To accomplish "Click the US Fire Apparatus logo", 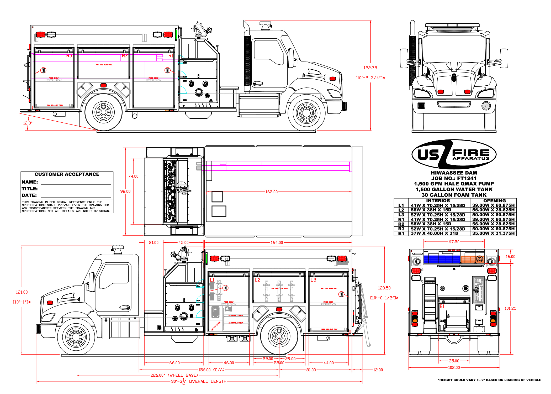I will pyautogui.click(x=454, y=154).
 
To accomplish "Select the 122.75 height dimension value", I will pyautogui.click(x=370, y=68).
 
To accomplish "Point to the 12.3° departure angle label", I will pyautogui.click(x=28, y=123).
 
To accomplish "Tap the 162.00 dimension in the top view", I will pyautogui.click(x=271, y=192).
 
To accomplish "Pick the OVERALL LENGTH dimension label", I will pyautogui.click(x=208, y=381).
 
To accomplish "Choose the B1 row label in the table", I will pyautogui.click(x=401, y=234).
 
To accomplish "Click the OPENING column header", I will pyautogui.click(x=494, y=201).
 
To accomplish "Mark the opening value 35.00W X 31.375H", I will pyautogui.click(x=493, y=234).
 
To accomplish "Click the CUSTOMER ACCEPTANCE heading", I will pyautogui.click(x=67, y=174).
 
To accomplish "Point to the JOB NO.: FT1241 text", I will pyautogui.click(x=454, y=178).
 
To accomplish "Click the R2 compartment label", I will pyautogui.click(x=125, y=56).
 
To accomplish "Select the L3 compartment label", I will pyautogui.click(x=313, y=280).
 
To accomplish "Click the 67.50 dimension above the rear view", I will pyautogui.click(x=454, y=242).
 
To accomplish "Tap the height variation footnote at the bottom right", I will pyautogui.click(x=489, y=380).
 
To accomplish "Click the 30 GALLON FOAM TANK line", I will pyautogui.click(x=454, y=195).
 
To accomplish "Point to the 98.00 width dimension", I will pyautogui.click(x=125, y=191).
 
